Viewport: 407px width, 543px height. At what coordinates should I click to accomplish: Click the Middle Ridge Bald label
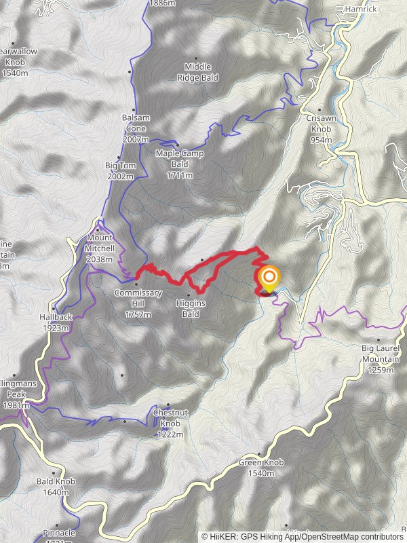[x=197, y=71]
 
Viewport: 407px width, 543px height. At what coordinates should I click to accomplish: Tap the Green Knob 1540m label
[x=261, y=467]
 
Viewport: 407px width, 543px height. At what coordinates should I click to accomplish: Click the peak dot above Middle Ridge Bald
[x=197, y=58]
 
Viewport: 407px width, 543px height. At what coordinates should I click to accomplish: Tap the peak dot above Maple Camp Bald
[x=178, y=145]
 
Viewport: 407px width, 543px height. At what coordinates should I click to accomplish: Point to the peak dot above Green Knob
[x=260, y=454]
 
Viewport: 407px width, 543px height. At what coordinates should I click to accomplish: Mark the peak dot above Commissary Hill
[x=137, y=284]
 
